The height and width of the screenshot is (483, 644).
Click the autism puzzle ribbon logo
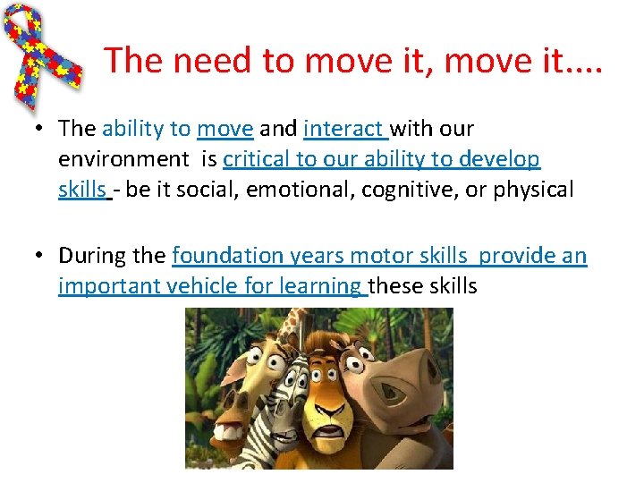(x=45, y=54)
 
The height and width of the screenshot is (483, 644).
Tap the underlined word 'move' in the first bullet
(x=225, y=129)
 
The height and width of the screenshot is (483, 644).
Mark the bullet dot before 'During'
(x=41, y=256)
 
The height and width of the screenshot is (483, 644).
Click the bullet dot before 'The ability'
(x=41, y=129)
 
